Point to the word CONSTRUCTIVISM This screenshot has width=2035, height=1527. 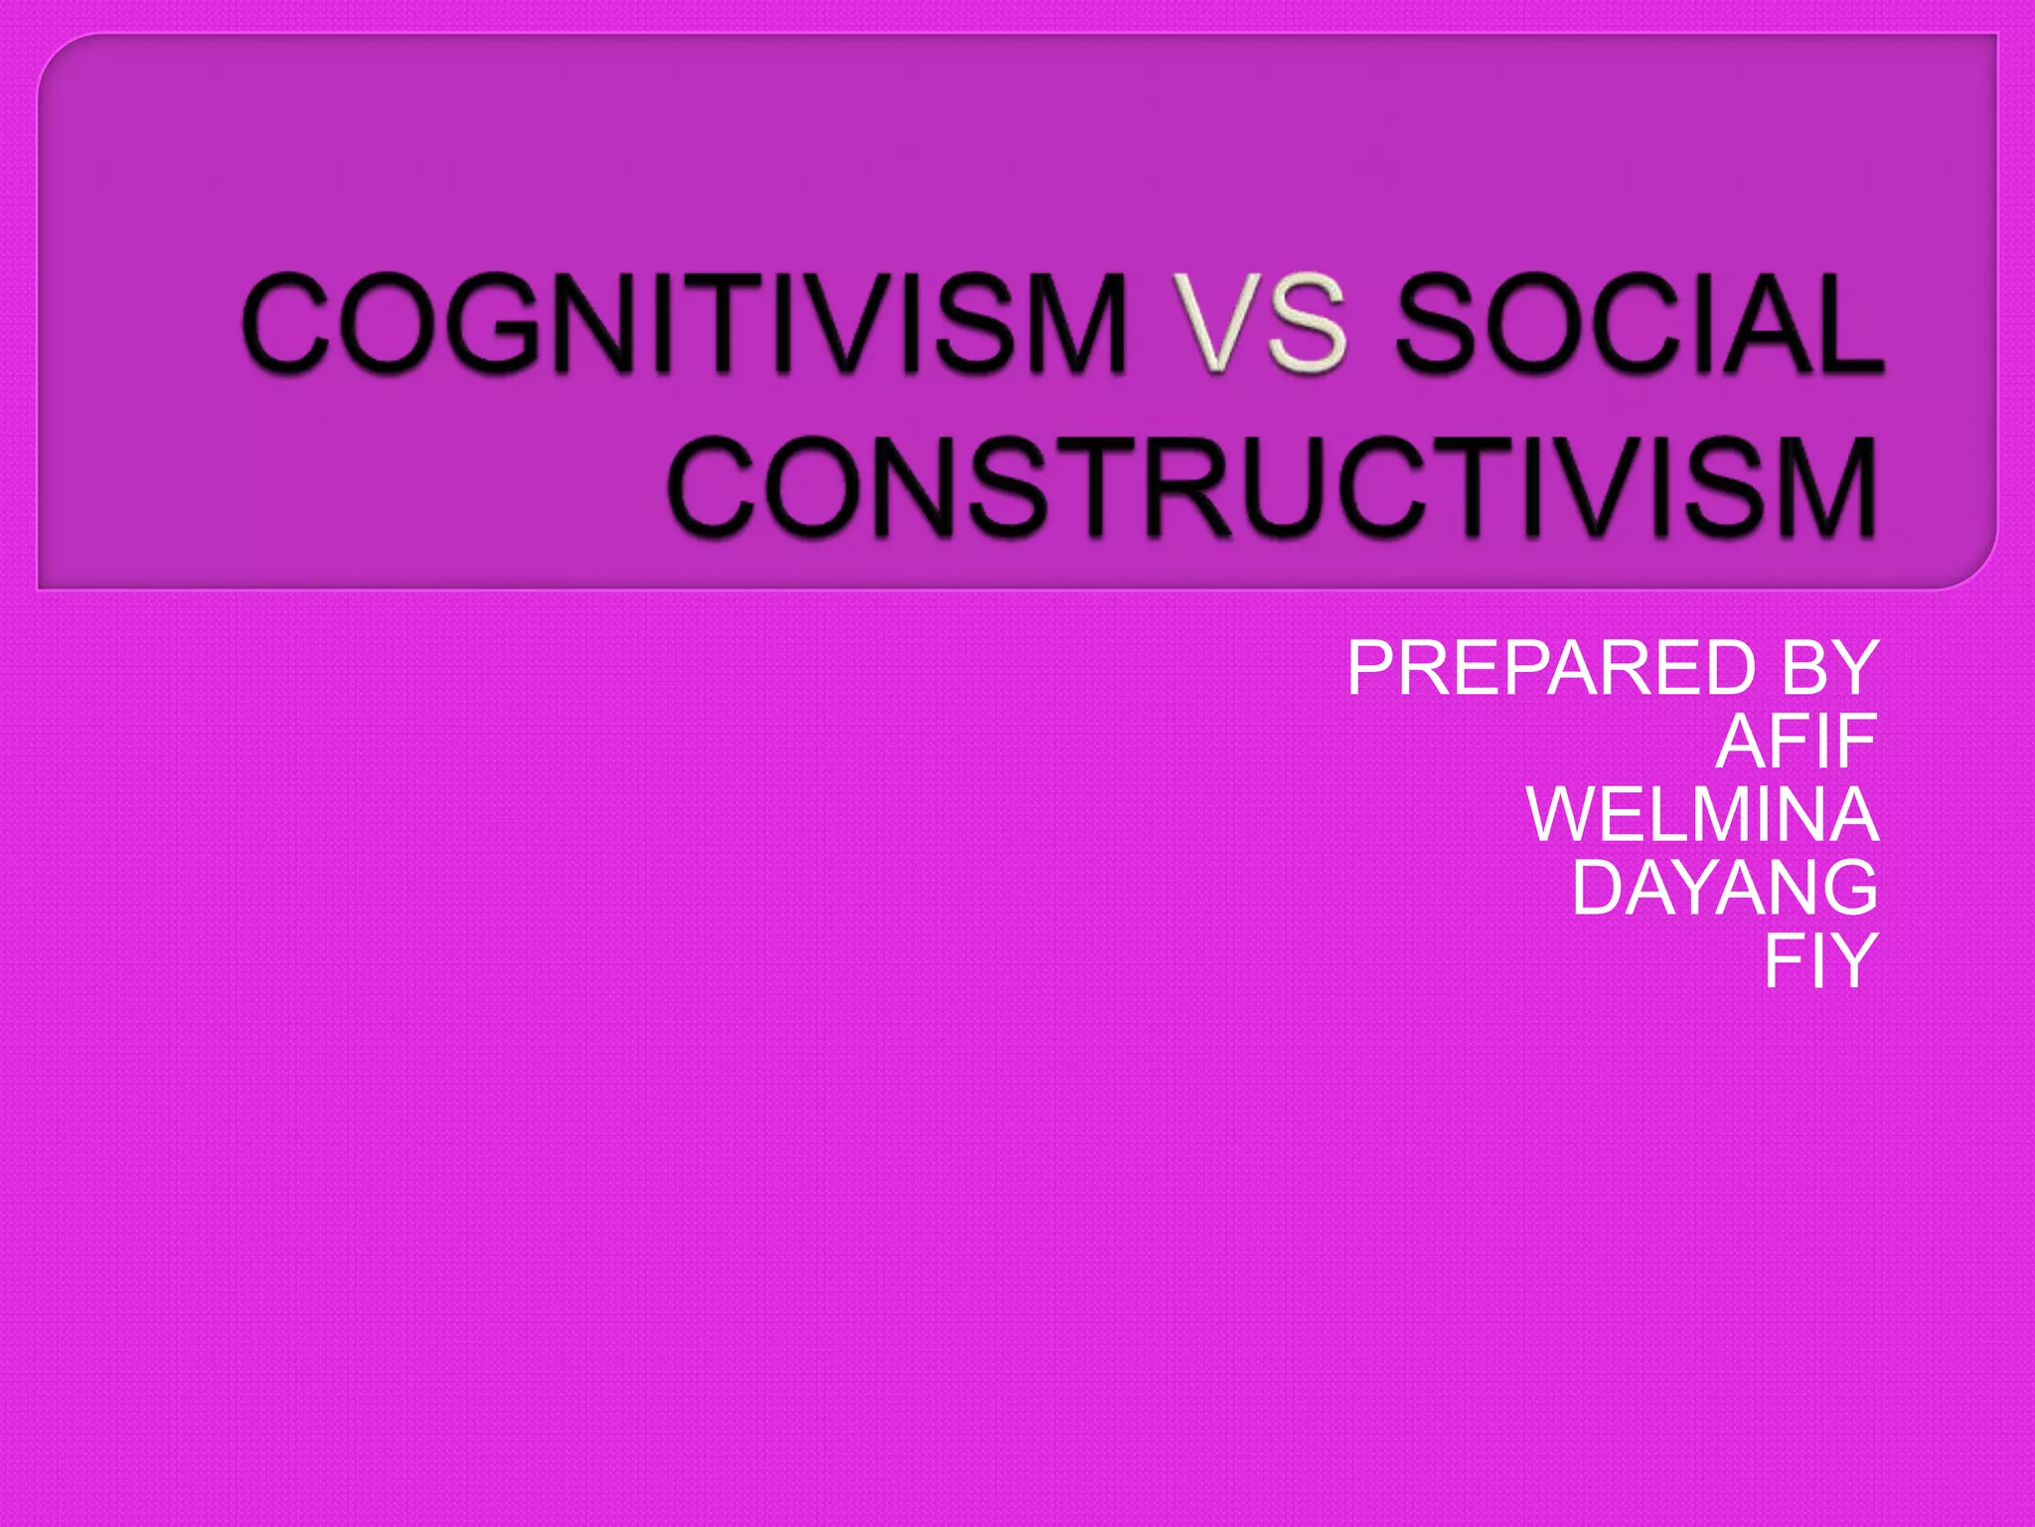(x=1272, y=487)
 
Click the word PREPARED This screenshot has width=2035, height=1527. (x=1551, y=668)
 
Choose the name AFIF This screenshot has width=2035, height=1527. (x=1796, y=742)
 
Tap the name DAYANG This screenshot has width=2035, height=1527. (x=1724, y=888)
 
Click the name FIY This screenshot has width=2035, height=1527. (x=1820, y=960)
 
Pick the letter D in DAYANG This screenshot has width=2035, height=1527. (x=1599, y=888)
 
